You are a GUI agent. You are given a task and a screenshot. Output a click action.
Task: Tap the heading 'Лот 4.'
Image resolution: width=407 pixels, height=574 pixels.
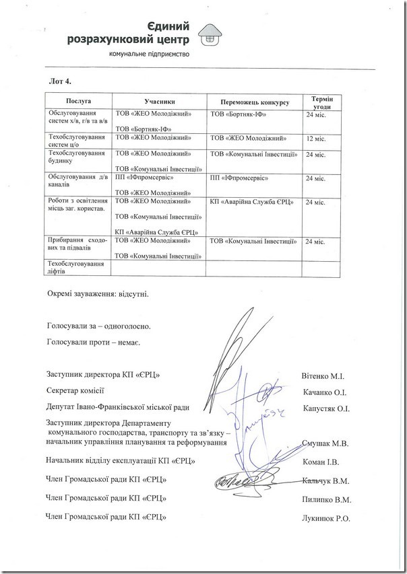coord(61,81)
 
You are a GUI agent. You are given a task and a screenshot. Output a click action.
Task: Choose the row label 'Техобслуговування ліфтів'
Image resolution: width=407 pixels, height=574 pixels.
coord(77,268)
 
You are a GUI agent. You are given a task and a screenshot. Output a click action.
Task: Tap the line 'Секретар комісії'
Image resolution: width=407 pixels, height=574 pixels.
coord(75,391)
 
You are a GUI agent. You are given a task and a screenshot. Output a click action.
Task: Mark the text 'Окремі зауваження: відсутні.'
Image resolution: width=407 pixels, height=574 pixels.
coord(98,294)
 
